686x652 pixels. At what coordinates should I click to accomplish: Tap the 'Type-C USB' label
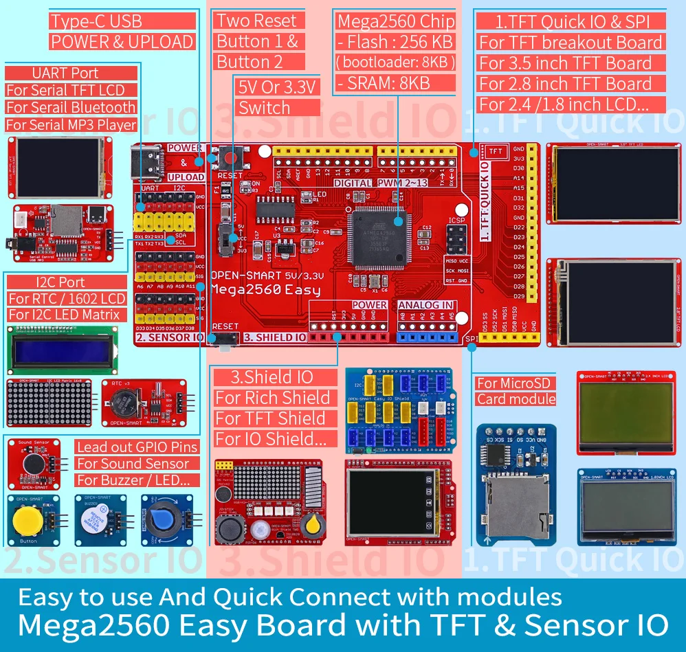pyautogui.click(x=96, y=21)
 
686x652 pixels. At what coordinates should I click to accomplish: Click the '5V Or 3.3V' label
pyautogui.click(x=276, y=87)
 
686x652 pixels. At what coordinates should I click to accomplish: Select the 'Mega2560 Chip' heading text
pyautogui.click(x=395, y=21)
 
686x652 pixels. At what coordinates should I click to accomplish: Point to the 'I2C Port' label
pyautogui.click(x=46, y=282)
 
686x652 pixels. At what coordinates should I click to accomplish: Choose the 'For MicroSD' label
pyautogui.click(x=507, y=383)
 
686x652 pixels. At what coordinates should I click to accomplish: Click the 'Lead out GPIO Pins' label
pyautogui.click(x=137, y=447)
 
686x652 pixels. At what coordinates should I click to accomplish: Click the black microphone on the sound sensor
pyautogui.click(x=31, y=463)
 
